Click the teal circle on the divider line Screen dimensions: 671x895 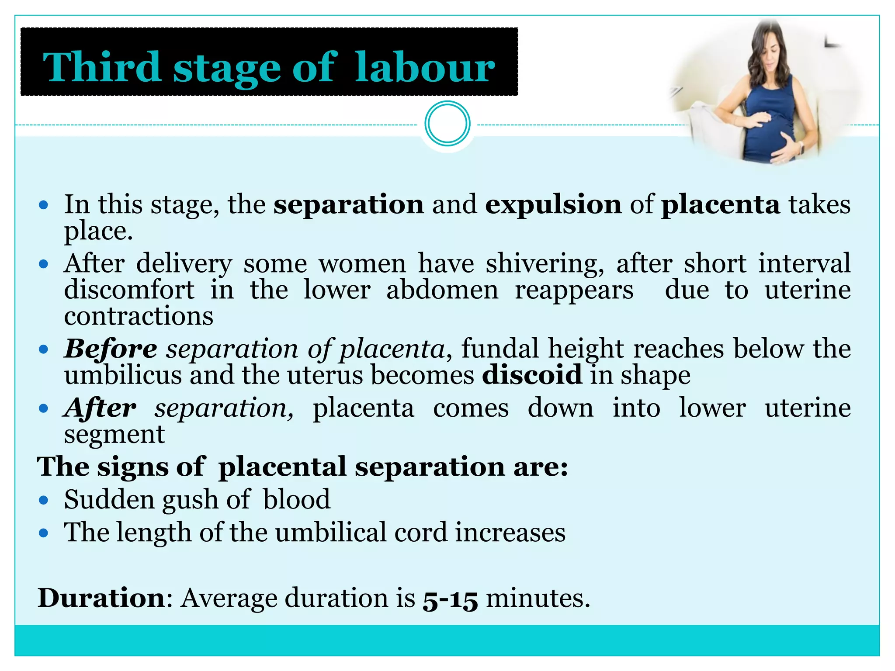click(x=447, y=124)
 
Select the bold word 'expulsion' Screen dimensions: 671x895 click(x=553, y=204)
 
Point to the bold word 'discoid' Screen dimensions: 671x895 click(x=532, y=375)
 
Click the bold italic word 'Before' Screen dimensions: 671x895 click(x=111, y=349)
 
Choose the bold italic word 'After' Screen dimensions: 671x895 click(x=100, y=408)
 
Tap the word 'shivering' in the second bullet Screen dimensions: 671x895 click(x=545, y=264)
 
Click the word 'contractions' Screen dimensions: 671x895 click(x=139, y=316)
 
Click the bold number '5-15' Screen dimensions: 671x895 click(x=450, y=598)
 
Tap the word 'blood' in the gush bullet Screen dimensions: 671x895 click(x=297, y=499)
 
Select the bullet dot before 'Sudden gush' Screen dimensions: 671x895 click(x=43, y=500)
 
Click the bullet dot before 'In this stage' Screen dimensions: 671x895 click(x=43, y=205)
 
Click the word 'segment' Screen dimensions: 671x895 click(x=114, y=434)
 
